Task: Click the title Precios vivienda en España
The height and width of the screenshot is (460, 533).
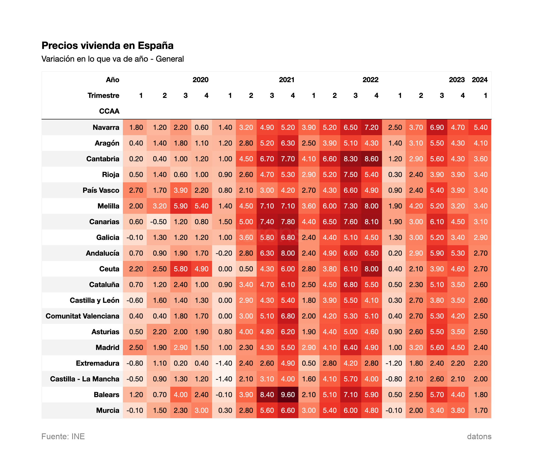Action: pos(107,46)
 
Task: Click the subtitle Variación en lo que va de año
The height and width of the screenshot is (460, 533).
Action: pos(112,59)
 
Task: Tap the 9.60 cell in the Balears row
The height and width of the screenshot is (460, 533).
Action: pos(288,395)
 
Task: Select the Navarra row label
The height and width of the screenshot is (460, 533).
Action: pos(106,127)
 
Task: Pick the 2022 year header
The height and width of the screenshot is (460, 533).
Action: pos(370,80)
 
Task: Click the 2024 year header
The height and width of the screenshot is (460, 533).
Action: pos(480,80)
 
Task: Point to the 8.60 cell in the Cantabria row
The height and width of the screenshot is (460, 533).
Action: pos(371,159)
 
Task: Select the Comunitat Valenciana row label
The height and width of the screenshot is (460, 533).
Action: pos(82,316)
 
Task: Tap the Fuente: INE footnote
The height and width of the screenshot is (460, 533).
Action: pos(63,436)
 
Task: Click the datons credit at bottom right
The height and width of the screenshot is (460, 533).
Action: pos(479,436)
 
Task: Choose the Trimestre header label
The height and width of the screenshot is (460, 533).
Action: pos(103,96)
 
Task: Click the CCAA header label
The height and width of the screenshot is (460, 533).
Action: pos(109,111)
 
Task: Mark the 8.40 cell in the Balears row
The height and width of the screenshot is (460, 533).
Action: pos(267,395)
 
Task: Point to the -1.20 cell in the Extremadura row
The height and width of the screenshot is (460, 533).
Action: pos(394,363)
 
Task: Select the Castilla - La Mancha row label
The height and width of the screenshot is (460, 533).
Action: pos(85,379)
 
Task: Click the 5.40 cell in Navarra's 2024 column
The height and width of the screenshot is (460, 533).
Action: pos(480,127)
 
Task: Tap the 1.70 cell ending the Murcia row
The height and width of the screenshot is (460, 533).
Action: pos(480,410)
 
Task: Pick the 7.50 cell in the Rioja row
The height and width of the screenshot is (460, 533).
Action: pos(350,174)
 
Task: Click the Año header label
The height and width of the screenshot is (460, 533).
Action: pos(112,80)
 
